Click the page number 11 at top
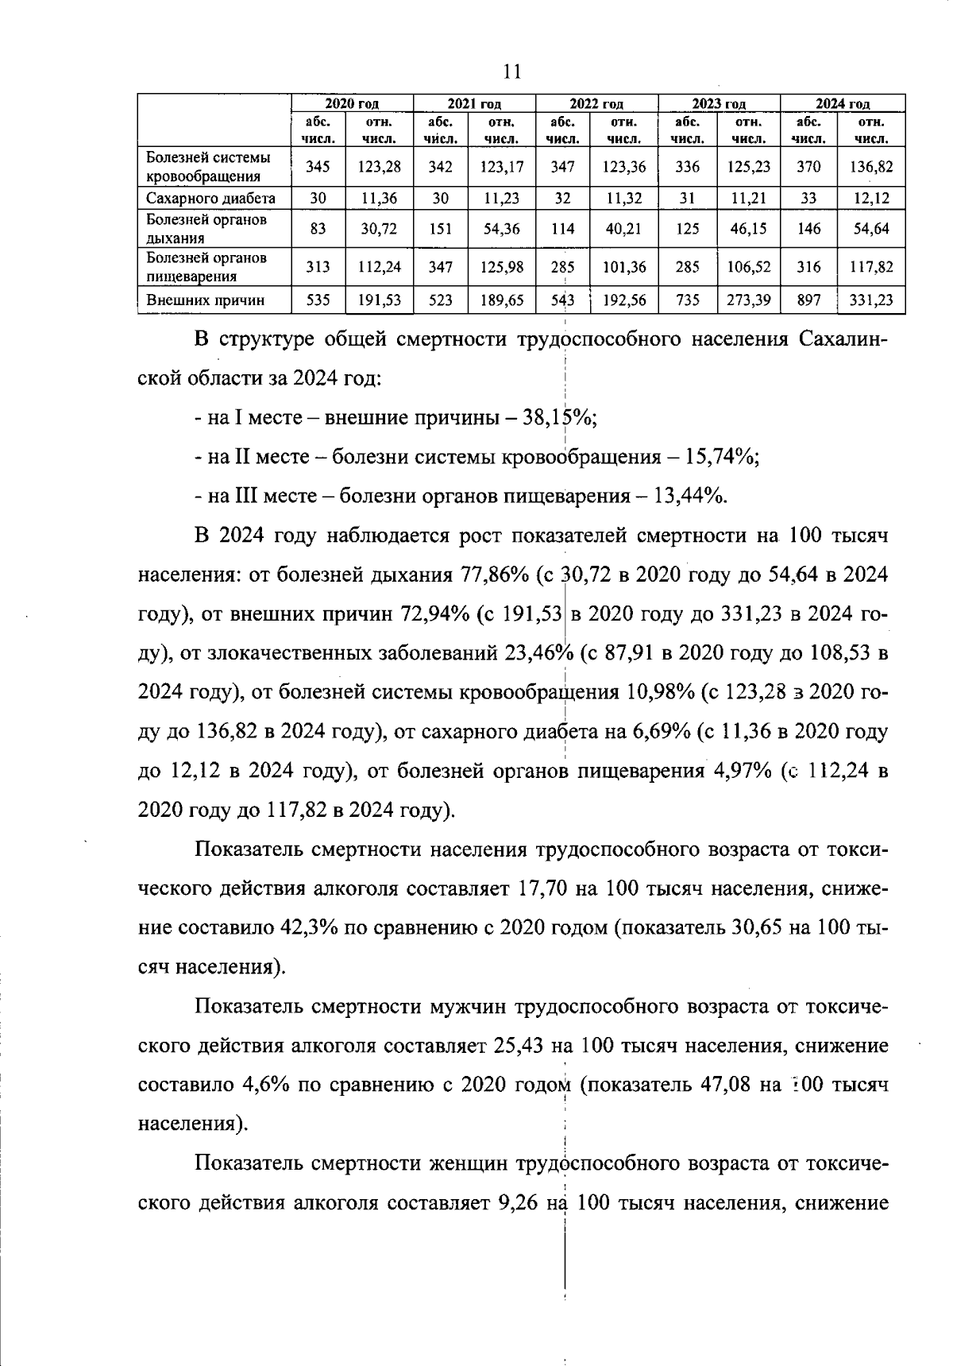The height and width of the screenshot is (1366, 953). coord(511,72)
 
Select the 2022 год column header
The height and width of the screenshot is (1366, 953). coord(596,104)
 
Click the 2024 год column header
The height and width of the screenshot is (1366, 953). coord(843,104)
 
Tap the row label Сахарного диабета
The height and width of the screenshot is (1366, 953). coord(210,199)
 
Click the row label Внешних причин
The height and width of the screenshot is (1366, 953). coord(205,300)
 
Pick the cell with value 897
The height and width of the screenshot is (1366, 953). coord(808,300)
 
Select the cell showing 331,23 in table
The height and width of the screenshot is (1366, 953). coord(871,300)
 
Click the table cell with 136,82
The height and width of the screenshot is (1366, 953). coord(871,167)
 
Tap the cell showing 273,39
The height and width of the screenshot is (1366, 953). coord(749,300)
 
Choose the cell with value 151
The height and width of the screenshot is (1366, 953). coord(440,229)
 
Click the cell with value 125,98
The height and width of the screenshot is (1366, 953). coord(502,267)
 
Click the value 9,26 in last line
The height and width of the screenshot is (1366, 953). coord(518,1203)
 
